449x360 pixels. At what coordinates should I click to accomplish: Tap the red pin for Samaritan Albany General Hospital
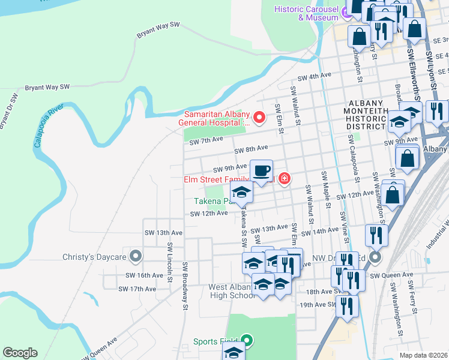[x=259, y=117]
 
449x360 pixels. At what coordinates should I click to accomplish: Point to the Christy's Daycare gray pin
[x=136, y=257]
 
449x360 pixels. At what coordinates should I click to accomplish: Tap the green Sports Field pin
[x=246, y=341]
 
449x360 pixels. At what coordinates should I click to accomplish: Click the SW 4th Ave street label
[x=315, y=76]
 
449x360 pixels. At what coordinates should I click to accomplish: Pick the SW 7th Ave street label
[x=206, y=140]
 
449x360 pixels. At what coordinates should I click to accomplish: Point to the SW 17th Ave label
[x=137, y=289]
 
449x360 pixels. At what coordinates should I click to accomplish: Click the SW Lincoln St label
[x=170, y=254]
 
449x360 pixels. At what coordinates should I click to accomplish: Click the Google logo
[x=20, y=353]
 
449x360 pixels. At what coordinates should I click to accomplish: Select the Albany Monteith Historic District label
[x=367, y=115]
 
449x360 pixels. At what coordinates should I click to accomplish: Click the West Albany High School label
[x=232, y=291]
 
